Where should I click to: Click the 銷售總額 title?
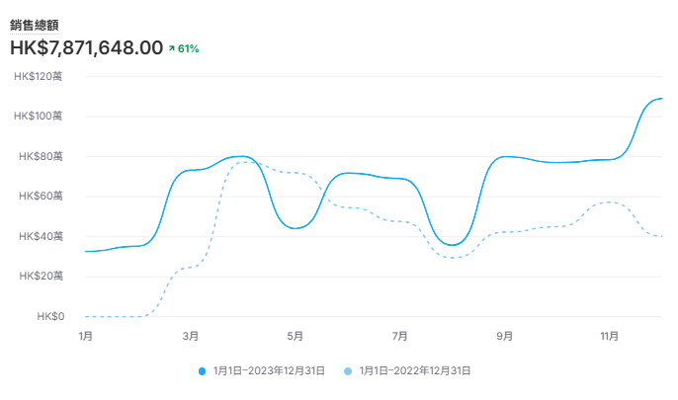[35, 26]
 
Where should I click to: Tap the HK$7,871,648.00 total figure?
[87, 47]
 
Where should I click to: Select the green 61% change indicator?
[184, 48]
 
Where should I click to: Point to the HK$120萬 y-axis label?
[38, 76]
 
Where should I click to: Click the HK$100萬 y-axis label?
[38, 116]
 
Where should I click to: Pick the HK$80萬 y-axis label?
[41, 156]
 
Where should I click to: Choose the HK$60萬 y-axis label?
[41, 197]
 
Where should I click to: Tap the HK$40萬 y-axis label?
[41, 236]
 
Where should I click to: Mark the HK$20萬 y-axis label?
[42, 276]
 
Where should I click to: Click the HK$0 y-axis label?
[50, 317]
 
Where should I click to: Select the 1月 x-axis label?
[86, 336]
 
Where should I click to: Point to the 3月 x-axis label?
[190, 336]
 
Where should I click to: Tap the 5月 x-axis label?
[295, 336]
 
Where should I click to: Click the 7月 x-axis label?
[399, 336]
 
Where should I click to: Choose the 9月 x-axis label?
[505, 336]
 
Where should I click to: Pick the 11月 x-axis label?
[609, 336]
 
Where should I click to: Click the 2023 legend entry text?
[269, 371]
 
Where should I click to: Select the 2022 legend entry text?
[415, 371]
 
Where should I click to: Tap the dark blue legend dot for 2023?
[202, 371]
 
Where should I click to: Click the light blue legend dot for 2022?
[348, 371]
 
